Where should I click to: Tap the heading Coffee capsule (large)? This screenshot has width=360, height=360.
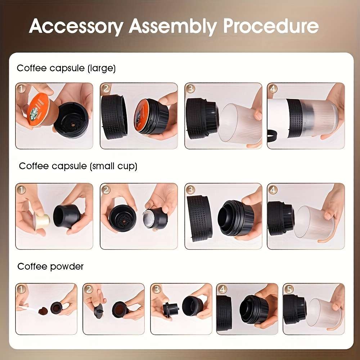(66, 68)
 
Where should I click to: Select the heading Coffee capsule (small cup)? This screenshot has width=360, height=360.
(78, 166)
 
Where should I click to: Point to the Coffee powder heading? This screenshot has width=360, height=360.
(50, 266)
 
